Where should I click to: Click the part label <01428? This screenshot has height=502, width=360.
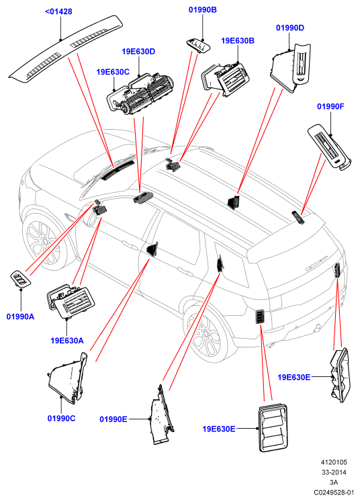(x=58, y=11)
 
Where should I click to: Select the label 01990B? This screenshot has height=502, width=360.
(x=203, y=10)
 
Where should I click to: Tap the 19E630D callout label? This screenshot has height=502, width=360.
(x=138, y=52)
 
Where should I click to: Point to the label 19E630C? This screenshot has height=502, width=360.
(x=113, y=72)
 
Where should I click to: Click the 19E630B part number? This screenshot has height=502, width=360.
(x=238, y=41)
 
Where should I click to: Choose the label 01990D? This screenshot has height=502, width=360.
(x=290, y=28)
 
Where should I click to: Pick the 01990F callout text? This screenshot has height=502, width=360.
(x=330, y=106)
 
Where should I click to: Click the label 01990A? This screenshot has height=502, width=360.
(x=20, y=317)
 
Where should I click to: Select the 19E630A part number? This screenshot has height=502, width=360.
(x=67, y=341)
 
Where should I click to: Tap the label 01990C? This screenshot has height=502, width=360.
(x=61, y=419)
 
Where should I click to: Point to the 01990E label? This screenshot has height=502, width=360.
(x=114, y=419)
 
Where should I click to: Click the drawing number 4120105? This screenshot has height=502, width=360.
(x=334, y=462)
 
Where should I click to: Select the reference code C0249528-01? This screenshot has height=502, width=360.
(x=334, y=492)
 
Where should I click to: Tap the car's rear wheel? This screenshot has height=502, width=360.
(x=204, y=334)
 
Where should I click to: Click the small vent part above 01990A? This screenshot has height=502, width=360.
(x=21, y=278)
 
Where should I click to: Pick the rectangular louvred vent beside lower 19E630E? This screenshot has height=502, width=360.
(x=273, y=427)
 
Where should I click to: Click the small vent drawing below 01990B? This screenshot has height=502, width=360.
(x=198, y=45)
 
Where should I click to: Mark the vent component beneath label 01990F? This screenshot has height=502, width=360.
(x=329, y=147)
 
